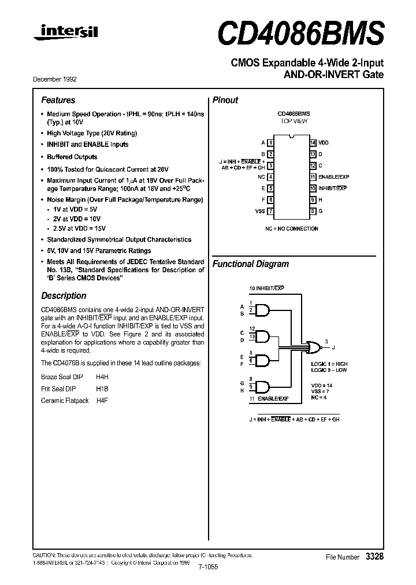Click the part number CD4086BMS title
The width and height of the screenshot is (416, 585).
pos(300,34)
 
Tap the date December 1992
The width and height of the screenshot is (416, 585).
pos(59,79)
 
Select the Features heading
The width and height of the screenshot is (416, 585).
pos(58,100)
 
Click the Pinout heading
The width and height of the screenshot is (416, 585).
pos(225,100)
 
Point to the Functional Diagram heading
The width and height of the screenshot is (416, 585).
pos(251,264)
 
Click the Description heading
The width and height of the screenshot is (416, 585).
pos(64,296)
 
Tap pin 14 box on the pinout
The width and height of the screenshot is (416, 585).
pos(312,142)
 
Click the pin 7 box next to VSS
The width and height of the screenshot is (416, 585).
pos(270,212)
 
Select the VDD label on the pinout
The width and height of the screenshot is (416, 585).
pos(324,142)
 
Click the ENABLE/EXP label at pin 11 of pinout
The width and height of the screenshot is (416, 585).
pos(334,177)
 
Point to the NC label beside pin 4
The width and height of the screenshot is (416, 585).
pos(261,177)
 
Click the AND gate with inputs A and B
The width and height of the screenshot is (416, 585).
pos(263,310)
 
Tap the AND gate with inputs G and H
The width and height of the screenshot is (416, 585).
pos(263,386)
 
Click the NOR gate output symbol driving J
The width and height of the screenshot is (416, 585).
pos(315,347)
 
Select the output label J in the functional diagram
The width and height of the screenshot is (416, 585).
pos(333,347)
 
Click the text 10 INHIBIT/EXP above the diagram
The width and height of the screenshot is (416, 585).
pos(267,287)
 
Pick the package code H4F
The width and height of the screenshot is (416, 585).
pos(102,400)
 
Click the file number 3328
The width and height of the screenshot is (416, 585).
pos(374,556)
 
